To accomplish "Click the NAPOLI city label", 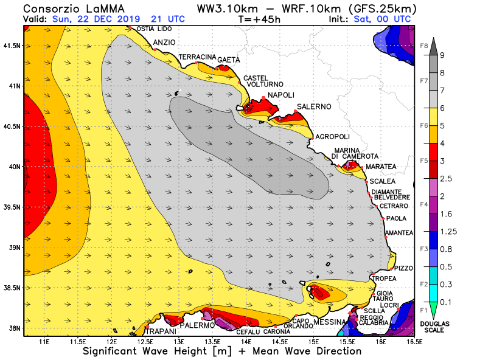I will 281,95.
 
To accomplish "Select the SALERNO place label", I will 314,107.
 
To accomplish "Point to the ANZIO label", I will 164,43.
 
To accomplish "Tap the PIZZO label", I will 403,268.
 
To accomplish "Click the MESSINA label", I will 330,322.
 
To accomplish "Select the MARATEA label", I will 382,167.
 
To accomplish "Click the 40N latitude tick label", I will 12,167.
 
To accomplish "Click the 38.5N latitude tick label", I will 12,288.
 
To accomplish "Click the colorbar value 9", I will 443,55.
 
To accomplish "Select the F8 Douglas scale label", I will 425,46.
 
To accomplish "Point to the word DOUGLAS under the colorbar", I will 434,323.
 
